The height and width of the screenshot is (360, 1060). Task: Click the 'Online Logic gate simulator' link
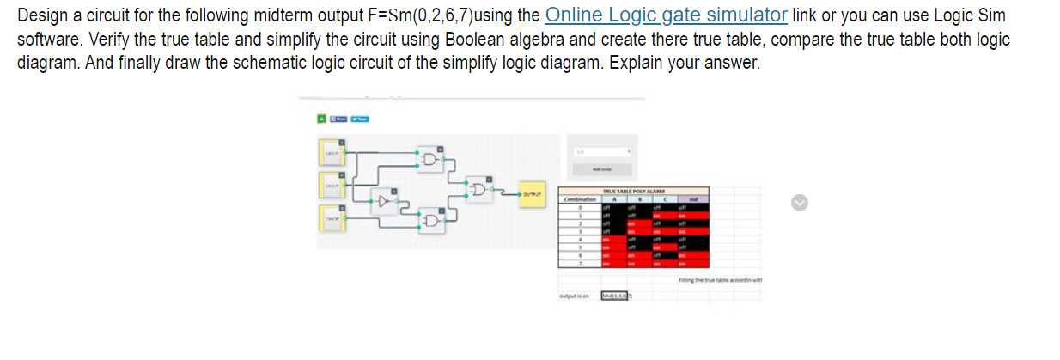(666, 15)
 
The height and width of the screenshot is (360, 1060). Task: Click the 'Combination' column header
(580, 198)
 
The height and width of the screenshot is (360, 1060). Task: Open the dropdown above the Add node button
(601, 151)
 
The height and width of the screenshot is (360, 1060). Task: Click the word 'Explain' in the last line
(635, 64)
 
